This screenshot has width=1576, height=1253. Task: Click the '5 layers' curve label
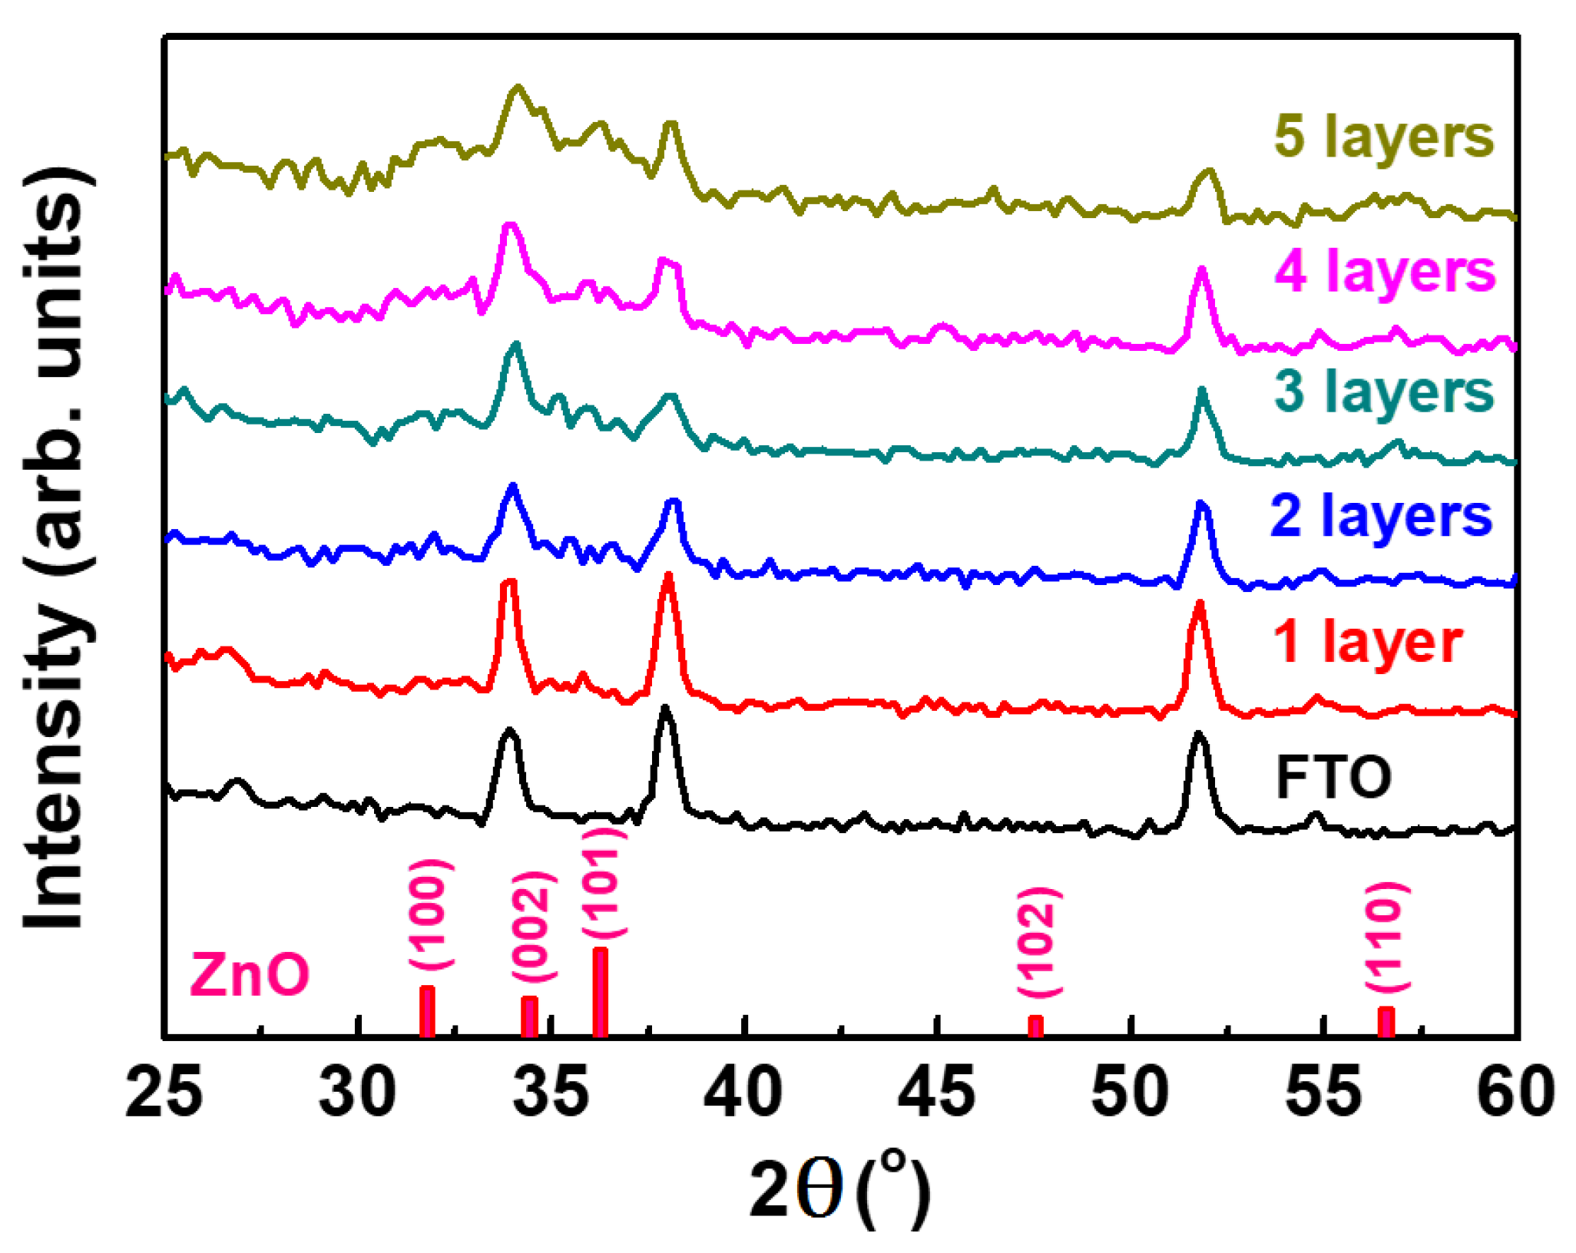(1383, 137)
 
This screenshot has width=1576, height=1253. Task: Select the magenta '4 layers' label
(1385, 271)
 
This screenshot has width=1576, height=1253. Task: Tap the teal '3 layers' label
(1383, 392)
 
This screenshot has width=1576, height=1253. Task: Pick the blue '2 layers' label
(1380, 516)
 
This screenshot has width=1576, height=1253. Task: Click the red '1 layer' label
(1367, 642)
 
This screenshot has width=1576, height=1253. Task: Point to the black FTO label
(1333, 777)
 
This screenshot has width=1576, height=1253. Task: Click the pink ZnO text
(249, 974)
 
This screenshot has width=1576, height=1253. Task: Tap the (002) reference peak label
(532, 927)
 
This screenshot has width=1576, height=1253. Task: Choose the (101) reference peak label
(602, 882)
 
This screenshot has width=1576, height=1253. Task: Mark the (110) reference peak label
(1386, 937)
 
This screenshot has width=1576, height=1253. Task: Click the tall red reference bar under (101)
(600, 992)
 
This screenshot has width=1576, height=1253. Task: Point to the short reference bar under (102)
(1035, 1026)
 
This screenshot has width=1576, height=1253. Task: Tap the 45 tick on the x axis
(936, 1092)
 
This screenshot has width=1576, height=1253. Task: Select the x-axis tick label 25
(164, 1092)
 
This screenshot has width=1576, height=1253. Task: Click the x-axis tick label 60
(1515, 1092)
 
